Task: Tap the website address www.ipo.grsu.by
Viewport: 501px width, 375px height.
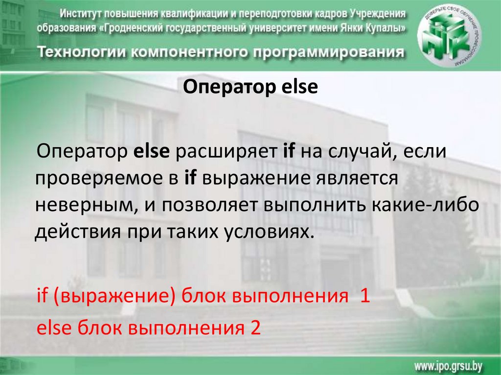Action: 449,366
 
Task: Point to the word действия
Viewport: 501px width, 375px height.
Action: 78,232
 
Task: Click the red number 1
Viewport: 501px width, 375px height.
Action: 365,296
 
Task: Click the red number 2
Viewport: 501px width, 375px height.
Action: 255,327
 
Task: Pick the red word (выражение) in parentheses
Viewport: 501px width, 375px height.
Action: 115,296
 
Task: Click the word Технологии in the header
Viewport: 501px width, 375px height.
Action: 82,52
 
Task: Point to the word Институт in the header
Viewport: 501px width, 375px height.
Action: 81,14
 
